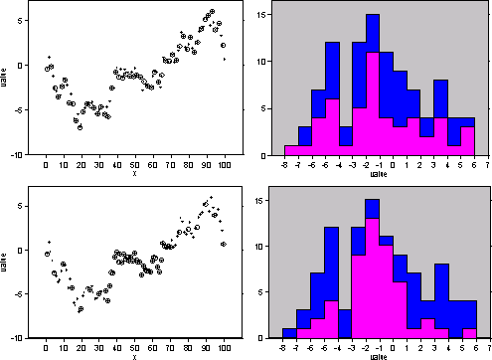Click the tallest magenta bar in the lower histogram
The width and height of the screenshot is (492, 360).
373,278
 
